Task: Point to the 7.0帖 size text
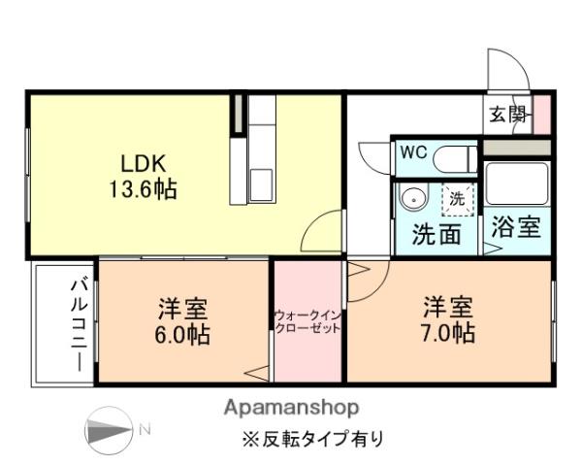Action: [x=448, y=334]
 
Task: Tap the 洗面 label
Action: [x=436, y=235]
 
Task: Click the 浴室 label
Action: [x=515, y=228]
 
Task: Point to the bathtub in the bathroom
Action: [x=515, y=184]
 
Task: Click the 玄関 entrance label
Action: [x=506, y=115]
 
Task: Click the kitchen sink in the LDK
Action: [x=263, y=184]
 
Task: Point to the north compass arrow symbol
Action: [x=109, y=429]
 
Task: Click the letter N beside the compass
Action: [x=145, y=429]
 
